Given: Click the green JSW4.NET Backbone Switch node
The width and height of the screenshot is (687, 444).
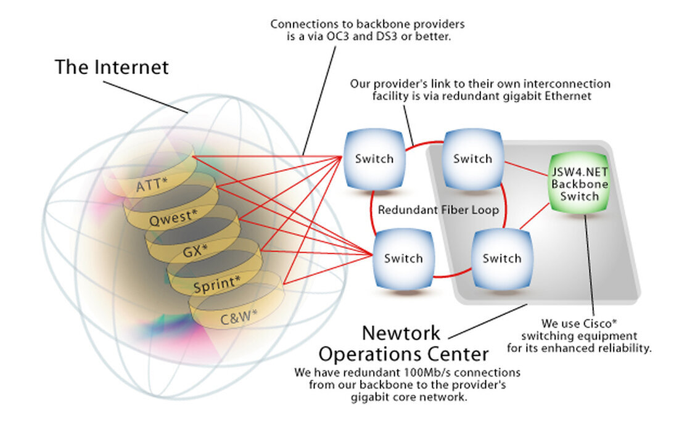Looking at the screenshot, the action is coord(579,183).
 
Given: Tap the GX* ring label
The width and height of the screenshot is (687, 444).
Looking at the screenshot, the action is coord(195,251).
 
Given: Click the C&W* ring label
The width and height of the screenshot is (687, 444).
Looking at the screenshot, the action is coord(239,317).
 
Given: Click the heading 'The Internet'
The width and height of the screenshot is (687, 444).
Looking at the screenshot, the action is coord(112,67).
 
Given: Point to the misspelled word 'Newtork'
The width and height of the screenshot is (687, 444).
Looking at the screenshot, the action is coord(401,333).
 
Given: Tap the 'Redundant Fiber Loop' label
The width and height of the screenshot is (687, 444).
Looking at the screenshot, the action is coord(438,210).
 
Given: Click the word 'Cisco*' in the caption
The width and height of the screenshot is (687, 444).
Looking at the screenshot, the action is coord(601,324).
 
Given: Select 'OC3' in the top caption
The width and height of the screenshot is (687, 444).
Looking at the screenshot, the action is coord(338,36).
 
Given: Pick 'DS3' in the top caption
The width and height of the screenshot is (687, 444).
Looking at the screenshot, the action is coord(387,36).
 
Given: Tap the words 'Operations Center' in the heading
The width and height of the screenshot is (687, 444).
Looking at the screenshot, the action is coord(403,354).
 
